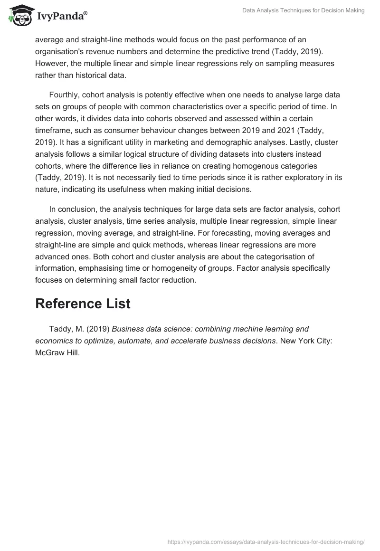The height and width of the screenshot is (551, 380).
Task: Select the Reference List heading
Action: click(83, 304)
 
